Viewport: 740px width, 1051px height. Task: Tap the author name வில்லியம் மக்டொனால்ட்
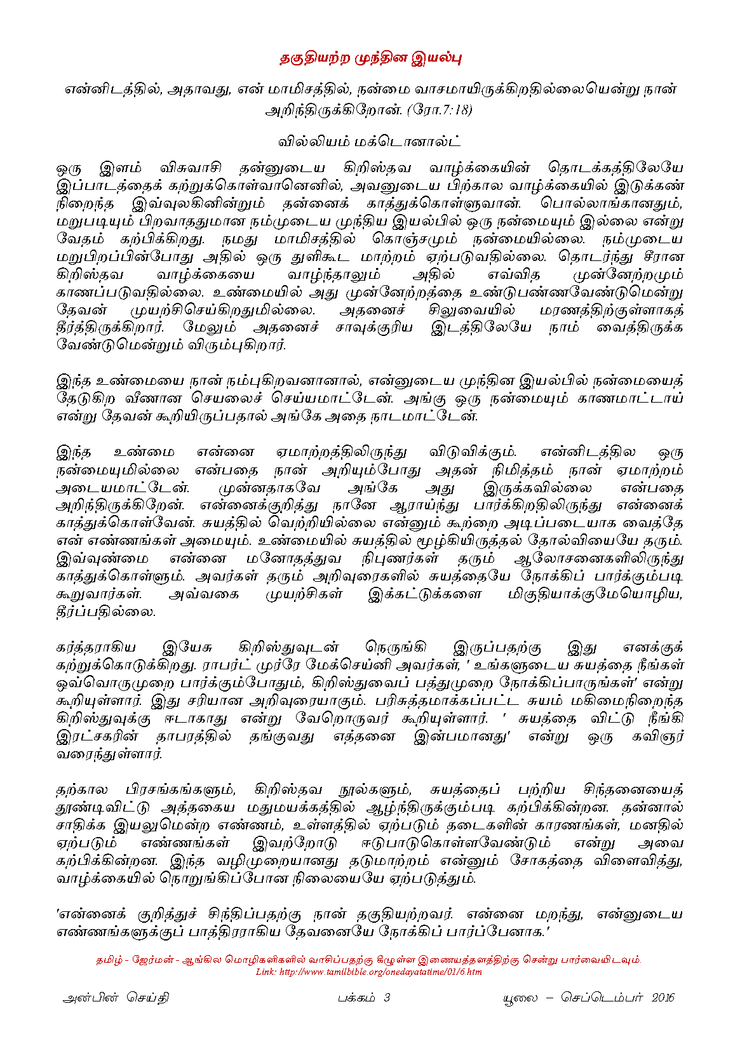pos(370,140)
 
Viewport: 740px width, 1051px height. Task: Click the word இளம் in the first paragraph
pos(115,169)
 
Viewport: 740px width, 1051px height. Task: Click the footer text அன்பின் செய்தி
pos(116,998)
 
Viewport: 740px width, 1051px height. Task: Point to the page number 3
pos(386,998)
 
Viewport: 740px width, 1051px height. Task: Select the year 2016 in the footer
pos(663,998)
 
